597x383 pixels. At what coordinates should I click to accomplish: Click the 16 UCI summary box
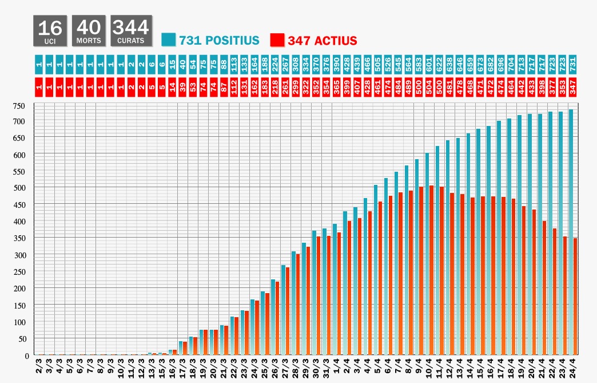[50, 30]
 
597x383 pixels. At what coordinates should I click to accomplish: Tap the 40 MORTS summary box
[89, 30]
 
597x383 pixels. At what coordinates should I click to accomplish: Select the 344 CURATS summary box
[131, 30]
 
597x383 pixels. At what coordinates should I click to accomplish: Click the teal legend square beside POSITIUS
[168, 40]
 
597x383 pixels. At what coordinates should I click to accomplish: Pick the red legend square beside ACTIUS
[277, 40]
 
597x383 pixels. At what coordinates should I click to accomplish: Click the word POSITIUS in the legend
[219, 41]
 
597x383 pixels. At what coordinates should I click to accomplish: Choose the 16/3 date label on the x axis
[172, 367]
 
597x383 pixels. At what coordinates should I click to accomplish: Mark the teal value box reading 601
[427, 62]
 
